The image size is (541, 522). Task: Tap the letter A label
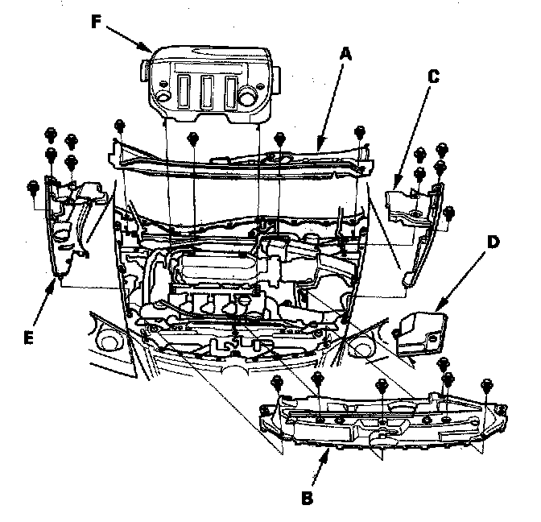click(x=346, y=54)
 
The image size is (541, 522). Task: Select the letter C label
click(x=433, y=77)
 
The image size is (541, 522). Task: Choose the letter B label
click(x=306, y=496)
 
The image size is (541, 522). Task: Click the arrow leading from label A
click(x=331, y=106)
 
